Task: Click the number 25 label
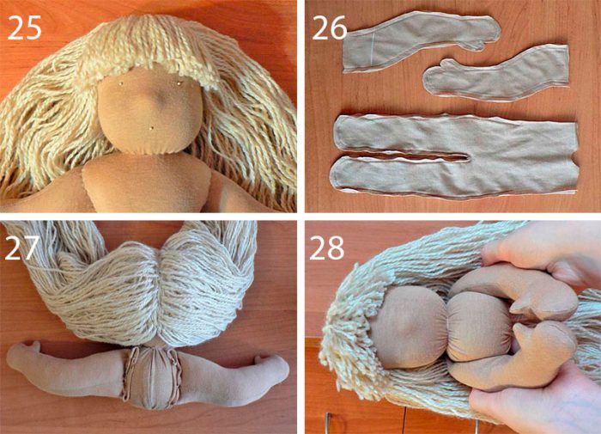coord(24,28)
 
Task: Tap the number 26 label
coord(329,28)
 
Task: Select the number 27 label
coord(21,248)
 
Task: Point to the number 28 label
coord(326,248)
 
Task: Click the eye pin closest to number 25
coord(121,83)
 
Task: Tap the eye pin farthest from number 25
coord(179,83)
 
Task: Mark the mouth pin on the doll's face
coord(151,127)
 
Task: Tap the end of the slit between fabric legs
coord(467,157)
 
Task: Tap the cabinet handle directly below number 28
coord(326,423)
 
